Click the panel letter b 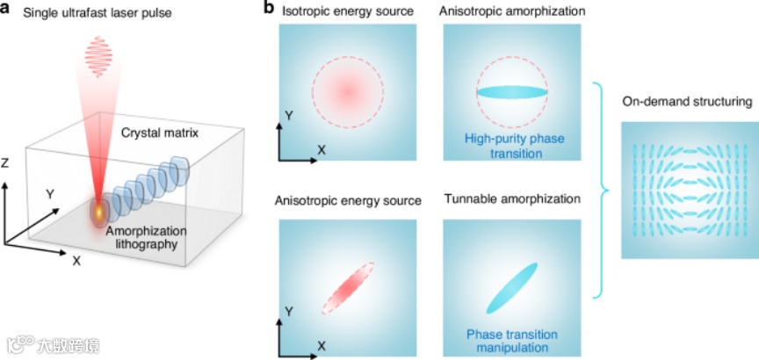[x=270, y=10]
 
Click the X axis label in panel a [x=76, y=261]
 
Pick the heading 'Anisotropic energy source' [x=348, y=199]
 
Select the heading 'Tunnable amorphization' [x=513, y=199]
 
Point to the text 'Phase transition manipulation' [x=511, y=341]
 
